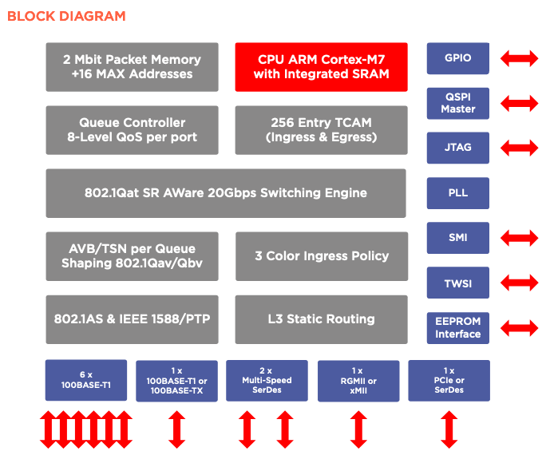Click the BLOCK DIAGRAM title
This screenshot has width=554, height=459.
66,16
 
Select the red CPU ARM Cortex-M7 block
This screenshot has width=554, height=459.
321,67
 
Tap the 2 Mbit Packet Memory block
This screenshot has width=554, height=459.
132,67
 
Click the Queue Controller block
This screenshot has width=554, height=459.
132,130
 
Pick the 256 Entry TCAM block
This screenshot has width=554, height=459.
321,130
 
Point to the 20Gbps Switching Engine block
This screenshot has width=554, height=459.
226,193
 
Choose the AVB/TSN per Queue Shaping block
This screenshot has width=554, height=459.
132,255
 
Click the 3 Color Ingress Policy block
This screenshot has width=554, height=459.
321,255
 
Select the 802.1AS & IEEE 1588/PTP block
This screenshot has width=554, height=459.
132,319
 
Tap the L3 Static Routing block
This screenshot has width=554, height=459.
321,319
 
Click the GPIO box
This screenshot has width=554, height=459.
457,58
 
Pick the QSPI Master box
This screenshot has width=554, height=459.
457,103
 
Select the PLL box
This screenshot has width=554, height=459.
457,193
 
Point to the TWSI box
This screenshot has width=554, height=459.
457,283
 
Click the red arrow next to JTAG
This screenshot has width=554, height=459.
519,148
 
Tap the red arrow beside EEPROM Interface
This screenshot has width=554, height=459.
519,327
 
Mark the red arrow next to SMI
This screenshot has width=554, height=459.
519,238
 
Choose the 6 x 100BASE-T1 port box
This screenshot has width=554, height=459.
86,380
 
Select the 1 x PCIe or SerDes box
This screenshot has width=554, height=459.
448,380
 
